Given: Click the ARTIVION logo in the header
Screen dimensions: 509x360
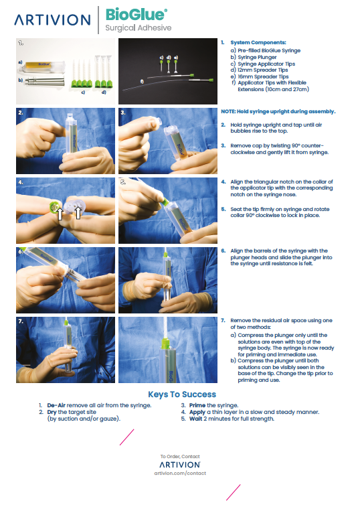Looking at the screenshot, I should [53, 20].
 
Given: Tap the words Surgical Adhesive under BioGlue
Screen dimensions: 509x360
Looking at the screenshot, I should [138, 28].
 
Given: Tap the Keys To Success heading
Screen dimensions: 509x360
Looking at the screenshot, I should [182, 394].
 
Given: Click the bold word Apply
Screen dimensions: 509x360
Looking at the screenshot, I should [198, 412].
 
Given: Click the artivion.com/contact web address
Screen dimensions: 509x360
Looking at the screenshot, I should [180, 473].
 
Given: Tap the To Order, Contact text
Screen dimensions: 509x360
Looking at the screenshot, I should [179, 457].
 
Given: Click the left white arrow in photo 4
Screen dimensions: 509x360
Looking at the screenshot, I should [59, 214].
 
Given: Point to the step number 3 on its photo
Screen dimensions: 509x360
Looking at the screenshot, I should [123, 113].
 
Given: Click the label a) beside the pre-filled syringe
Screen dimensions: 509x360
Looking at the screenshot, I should [20, 64].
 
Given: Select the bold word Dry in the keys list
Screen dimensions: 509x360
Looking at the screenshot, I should [52, 412].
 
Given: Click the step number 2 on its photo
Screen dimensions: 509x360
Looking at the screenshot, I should [21, 113].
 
